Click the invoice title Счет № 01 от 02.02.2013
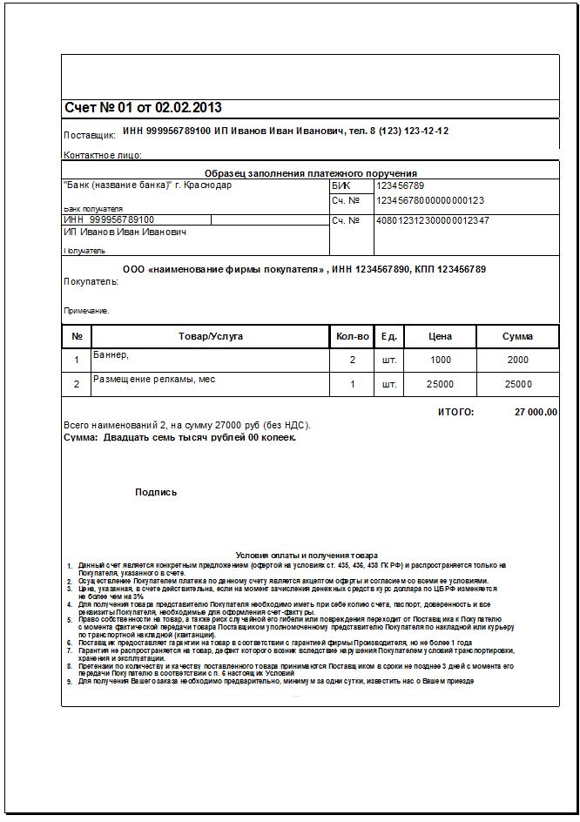(x=143, y=108)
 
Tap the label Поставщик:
(x=90, y=136)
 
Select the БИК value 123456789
(x=400, y=185)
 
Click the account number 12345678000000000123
(x=429, y=200)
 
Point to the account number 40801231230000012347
(x=432, y=220)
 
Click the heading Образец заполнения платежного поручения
(x=310, y=173)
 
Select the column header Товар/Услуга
(x=210, y=336)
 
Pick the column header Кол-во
(x=353, y=336)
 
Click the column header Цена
(x=441, y=336)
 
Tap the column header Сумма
(x=517, y=336)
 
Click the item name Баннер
(x=111, y=354)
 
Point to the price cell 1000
(x=441, y=360)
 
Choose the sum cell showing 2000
(x=517, y=360)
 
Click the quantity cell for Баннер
(x=353, y=360)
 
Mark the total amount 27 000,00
(x=536, y=412)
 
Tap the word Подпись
(x=156, y=492)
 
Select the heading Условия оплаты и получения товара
(x=306, y=555)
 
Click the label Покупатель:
(x=91, y=282)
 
